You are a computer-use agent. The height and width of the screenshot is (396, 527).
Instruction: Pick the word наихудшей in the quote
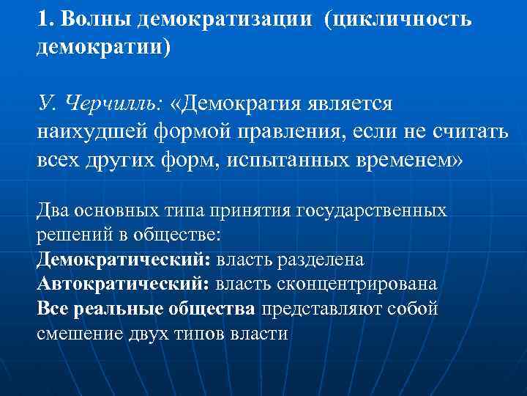click(x=86, y=133)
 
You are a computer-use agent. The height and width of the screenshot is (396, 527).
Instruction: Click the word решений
click(x=68, y=236)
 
